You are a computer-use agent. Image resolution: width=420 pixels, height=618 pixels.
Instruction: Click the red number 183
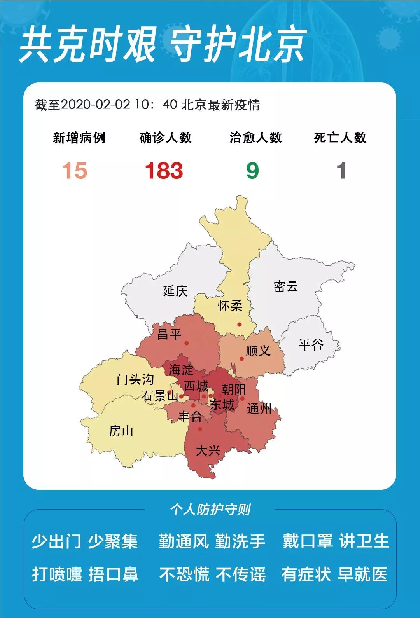point(164,171)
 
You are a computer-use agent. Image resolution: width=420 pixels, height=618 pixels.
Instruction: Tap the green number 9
point(252,171)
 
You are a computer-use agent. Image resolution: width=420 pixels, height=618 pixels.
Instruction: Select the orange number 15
point(75,171)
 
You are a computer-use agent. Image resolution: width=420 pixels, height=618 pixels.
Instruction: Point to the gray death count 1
point(341,171)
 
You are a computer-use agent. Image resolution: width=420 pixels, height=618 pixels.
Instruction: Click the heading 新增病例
point(79,138)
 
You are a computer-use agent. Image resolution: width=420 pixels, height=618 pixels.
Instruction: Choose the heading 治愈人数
point(255,138)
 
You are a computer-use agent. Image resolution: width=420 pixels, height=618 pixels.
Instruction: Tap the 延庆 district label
point(175,291)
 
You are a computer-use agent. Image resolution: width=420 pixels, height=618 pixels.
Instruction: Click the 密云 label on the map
point(286,287)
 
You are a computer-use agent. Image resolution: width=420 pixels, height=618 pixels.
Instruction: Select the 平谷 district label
point(311,344)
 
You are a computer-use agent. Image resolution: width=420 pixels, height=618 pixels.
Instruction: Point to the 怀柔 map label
point(230,306)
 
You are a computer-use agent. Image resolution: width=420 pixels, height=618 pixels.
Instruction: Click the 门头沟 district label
point(135,379)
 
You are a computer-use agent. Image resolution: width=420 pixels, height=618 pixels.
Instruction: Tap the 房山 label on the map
point(121,431)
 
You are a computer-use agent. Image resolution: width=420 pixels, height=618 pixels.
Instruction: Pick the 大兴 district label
point(208,450)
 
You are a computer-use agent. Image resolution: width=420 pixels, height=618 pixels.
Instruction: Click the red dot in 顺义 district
point(241,359)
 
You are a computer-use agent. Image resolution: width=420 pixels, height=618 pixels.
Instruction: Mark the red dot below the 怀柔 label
point(240,325)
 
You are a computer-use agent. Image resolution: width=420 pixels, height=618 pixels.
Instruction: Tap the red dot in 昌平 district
point(187,343)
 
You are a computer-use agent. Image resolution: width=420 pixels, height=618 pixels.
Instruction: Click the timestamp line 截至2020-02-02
point(147,105)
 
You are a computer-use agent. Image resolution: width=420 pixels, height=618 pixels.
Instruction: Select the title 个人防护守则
point(210,509)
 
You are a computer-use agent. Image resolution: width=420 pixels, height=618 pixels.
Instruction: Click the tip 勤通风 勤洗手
point(212,541)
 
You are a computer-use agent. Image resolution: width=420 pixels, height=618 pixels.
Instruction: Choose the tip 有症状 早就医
point(334,574)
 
